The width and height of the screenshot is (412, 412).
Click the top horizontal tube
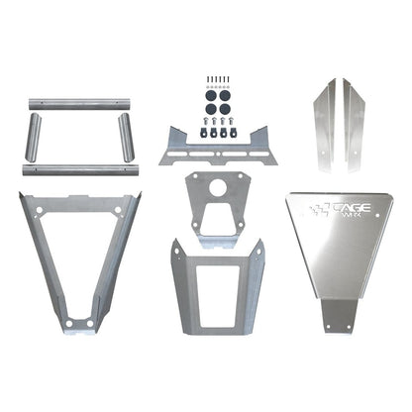(x=76, y=102)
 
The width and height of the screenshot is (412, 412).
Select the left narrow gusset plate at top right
(x=323, y=120)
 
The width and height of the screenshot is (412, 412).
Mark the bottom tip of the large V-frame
(x=78, y=326)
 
